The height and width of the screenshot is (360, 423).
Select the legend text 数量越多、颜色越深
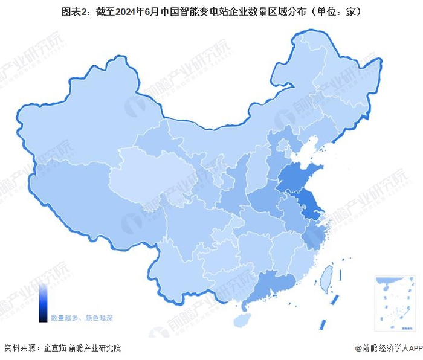82,317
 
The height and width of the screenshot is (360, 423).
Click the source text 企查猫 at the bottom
53,349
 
